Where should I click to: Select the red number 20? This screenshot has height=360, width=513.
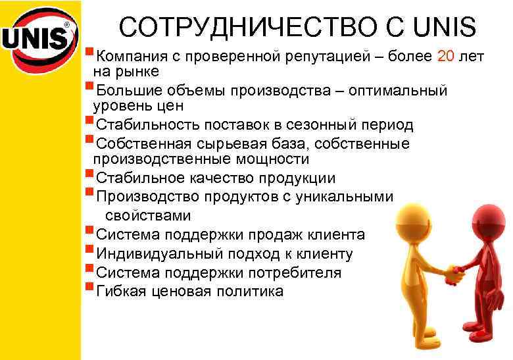(445, 57)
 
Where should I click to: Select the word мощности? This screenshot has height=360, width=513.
(272, 159)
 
